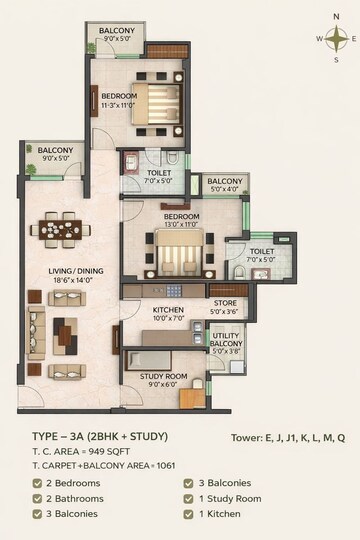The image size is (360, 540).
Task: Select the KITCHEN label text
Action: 167,310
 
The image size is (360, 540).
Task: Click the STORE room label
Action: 225,302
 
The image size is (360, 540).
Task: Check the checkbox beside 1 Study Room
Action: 190,498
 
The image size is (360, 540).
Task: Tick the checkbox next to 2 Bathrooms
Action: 37,498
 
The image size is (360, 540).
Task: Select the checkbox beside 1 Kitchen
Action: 190,514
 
